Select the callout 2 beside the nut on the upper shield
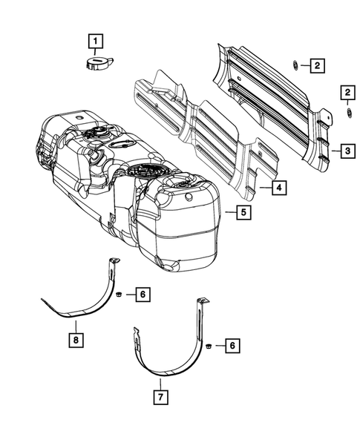316,67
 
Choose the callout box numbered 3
346,151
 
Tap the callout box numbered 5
242,214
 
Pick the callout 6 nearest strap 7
232,345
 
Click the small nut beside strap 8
120,295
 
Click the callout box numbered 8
75,341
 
